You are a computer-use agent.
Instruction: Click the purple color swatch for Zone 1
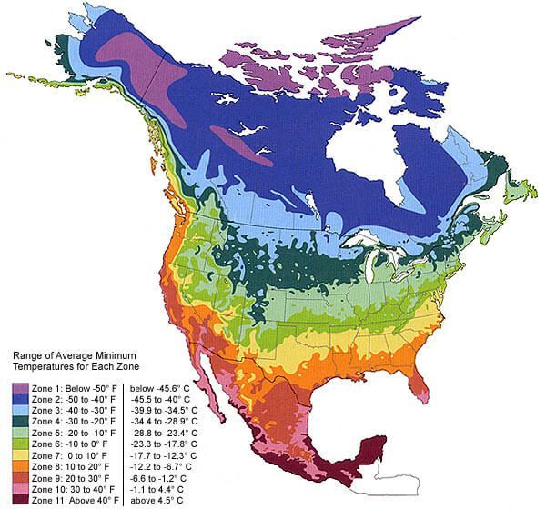pos(18,387)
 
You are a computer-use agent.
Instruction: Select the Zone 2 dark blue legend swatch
pos(18,399)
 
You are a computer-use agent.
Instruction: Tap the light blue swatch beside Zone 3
pos(18,411)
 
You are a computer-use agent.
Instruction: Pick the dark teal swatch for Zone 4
pos(18,423)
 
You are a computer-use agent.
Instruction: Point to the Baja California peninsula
pos(211,400)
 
